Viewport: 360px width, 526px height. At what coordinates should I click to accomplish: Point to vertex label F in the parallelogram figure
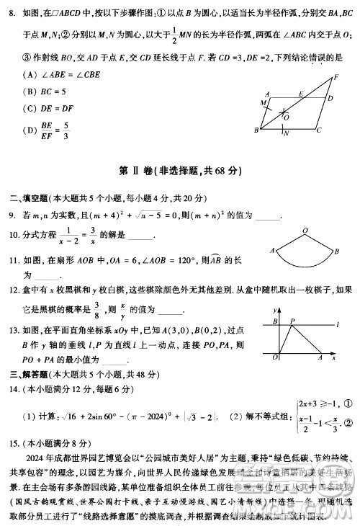tap(336, 77)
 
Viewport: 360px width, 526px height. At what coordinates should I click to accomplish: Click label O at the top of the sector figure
tap(306, 231)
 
